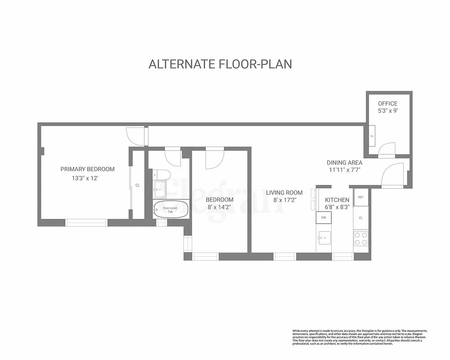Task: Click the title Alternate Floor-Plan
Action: click(x=220, y=64)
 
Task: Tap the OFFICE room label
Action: click(x=387, y=103)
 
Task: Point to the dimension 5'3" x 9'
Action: click(x=387, y=112)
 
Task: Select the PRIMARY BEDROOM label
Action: click(x=87, y=169)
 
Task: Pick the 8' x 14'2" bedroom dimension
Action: click(x=220, y=207)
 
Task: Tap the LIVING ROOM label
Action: click(x=284, y=193)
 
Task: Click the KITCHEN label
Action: click(x=337, y=200)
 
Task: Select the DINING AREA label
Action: click(x=344, y=162)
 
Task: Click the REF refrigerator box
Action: click(x=361, y=197)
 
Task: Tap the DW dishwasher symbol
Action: click(x=323, y=217)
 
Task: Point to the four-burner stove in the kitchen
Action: click(x=361, y=238)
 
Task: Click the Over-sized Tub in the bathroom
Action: click(x=170, y=210)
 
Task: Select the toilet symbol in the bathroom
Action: click(x=162, y=175)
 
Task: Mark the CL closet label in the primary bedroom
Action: click(x=138, y=185)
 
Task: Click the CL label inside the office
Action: click(x=372, y=136)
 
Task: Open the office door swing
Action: click(x=387, y=150)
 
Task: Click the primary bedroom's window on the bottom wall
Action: click(x=86, y=222)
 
